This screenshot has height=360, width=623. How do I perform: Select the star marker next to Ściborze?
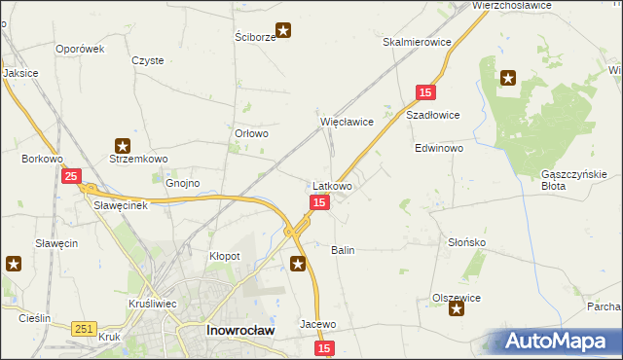283,30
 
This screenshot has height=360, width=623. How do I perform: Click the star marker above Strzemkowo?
123,144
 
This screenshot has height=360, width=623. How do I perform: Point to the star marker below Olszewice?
456,308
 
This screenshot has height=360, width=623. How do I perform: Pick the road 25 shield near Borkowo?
71,176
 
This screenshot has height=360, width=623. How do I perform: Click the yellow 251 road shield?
83,330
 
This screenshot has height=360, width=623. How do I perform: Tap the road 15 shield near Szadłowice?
424,91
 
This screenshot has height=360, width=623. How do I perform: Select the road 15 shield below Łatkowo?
319,201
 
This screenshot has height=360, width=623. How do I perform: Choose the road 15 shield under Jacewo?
324,347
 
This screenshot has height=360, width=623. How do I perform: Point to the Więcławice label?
348,123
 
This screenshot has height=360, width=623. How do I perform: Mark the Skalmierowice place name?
417,43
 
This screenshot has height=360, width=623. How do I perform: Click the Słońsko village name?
466,242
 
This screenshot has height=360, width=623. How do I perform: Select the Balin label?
343,250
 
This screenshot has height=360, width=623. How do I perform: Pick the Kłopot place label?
225,255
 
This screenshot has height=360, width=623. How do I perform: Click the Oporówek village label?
80,49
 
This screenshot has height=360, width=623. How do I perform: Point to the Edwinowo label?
439,150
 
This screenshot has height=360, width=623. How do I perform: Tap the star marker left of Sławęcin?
14,263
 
